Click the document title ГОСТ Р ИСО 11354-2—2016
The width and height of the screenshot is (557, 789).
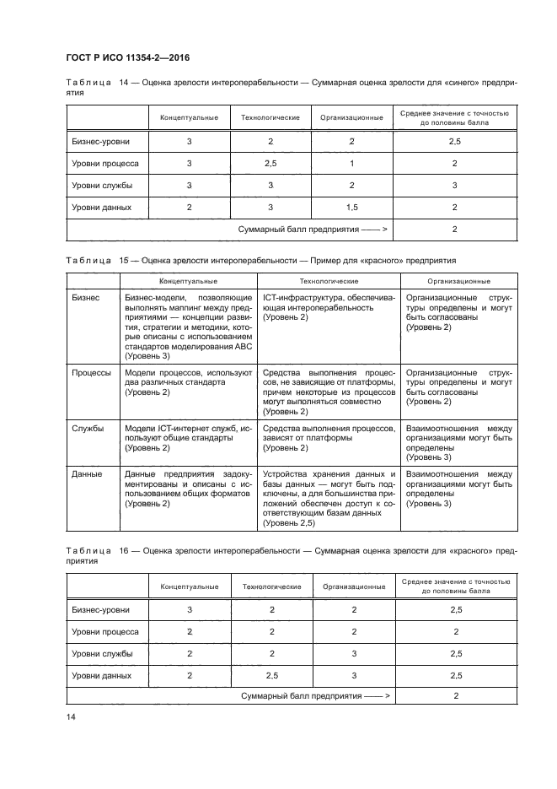[126, 57]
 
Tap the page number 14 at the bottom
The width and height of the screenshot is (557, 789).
[72, 716]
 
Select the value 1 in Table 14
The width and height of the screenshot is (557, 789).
[352, 163]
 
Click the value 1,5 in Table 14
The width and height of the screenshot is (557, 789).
[352, 207]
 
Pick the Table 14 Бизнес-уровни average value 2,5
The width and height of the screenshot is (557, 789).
[454, 141]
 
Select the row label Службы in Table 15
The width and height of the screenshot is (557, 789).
[88, 428]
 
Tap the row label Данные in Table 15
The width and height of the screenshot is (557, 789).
[87, 473]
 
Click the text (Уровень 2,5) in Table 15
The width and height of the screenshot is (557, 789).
[289, 524]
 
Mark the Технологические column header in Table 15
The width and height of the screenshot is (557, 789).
[329, 280]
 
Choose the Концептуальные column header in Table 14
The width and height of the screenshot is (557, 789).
[189, 117]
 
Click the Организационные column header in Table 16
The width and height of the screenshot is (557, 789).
[354, 586]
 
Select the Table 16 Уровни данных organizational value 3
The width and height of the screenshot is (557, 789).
[354, 675]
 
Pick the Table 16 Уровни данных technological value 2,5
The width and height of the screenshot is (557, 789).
[272, 675]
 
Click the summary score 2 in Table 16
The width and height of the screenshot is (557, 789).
[456, 696]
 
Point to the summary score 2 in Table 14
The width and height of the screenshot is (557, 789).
[454, 229]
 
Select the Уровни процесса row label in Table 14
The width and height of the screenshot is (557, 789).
[105, 163]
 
